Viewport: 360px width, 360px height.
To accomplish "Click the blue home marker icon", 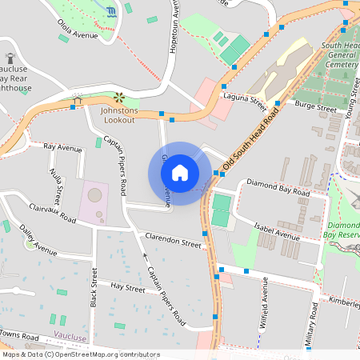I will click(x=180, y=173).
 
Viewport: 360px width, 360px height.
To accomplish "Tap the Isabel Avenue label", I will click(x=277, y=231).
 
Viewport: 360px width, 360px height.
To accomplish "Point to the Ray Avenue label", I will click(x=63, y=148).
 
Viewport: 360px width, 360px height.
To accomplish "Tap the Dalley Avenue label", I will click(x=39, y=245).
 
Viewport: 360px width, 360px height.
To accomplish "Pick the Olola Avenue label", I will click(x=78, y=37).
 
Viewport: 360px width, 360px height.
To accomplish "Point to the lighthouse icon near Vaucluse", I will click(x=10, y=58).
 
